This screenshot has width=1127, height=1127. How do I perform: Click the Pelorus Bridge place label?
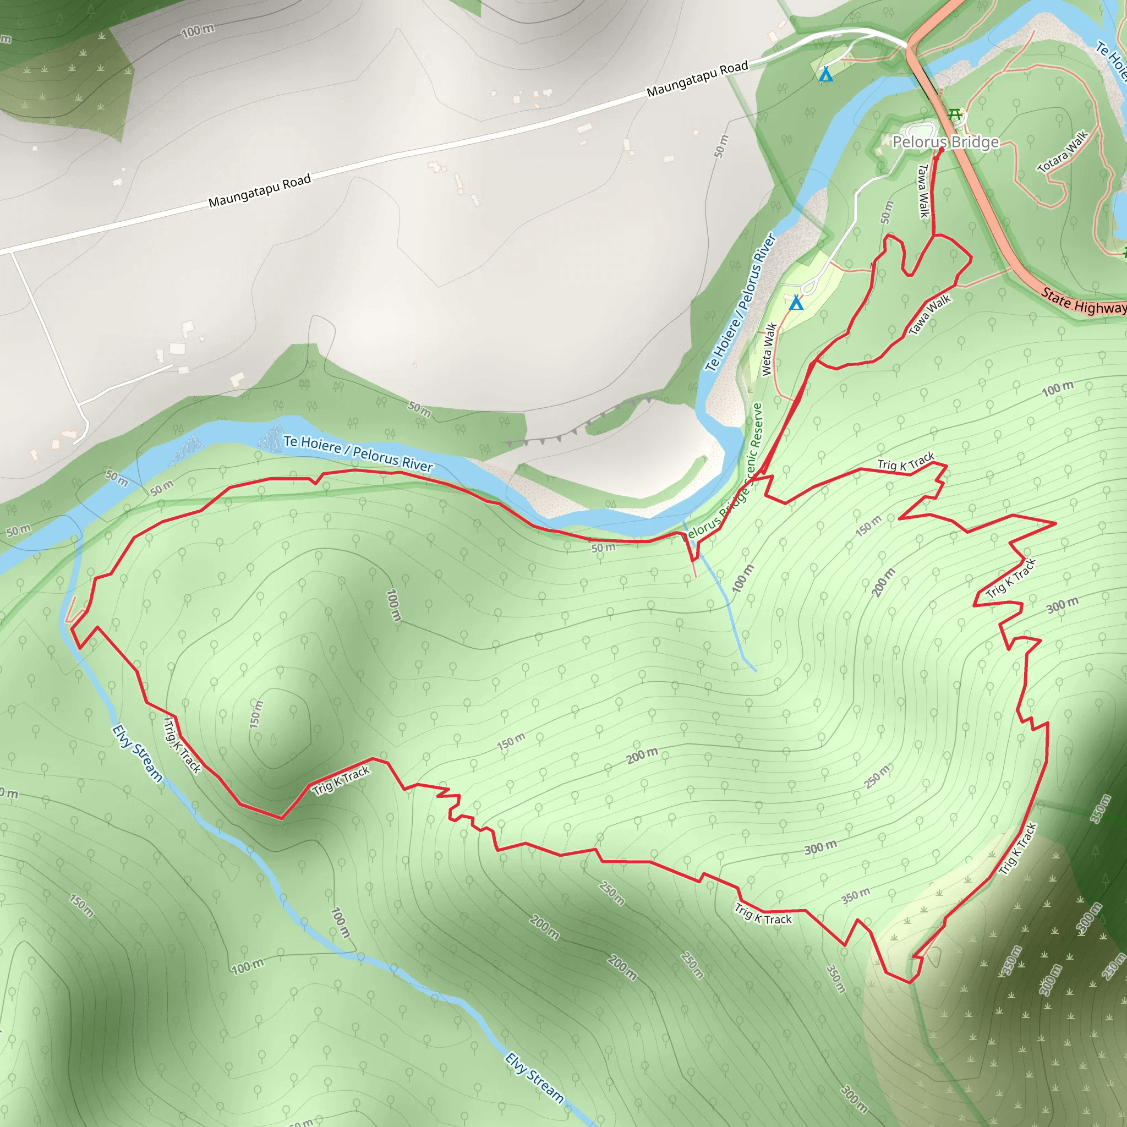click(x=945, y=143)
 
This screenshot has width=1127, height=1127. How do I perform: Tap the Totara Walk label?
click(x=1062, y=152)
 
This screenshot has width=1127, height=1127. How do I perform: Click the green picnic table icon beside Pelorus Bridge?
click(x=955, y=114)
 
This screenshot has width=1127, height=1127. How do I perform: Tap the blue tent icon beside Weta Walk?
click(x=796, y=303)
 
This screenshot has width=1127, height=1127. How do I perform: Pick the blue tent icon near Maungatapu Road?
click(x=825, y=75)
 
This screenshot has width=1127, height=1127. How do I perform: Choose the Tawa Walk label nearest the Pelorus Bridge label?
click(x=923, y=191)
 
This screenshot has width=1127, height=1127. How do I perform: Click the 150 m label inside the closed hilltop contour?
click(x=256, y=714)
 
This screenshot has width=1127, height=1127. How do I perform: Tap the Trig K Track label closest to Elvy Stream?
click(x=182, y=746)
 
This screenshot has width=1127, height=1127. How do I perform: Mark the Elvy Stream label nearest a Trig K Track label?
click(x=137, y=752)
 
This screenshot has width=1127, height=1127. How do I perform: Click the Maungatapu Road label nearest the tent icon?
click(x=697, y=79)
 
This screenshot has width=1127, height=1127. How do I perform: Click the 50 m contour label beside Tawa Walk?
click(x=887, y=212)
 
